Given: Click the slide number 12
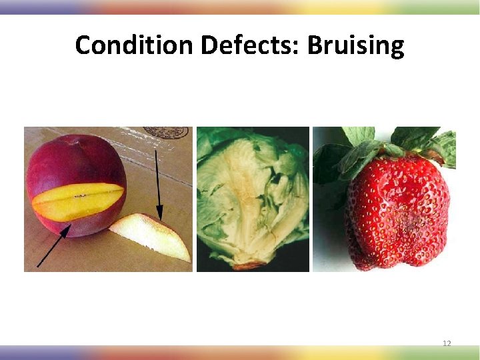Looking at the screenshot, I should (x=447, y=343).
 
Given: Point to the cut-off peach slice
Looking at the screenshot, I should (x=153, y=237).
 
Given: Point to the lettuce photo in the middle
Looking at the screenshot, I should (x=253, y=199).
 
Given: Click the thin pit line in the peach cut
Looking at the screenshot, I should (x=80, y=196).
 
